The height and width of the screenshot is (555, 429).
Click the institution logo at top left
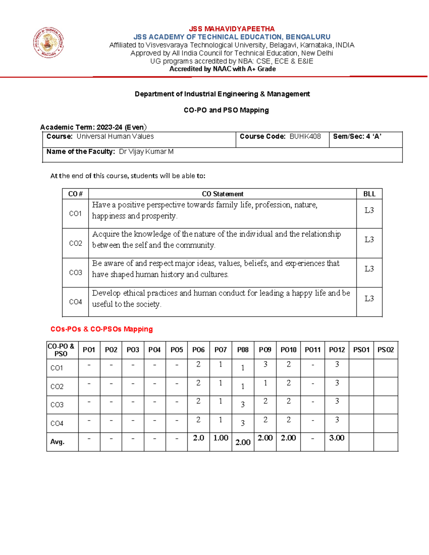pos(49,43)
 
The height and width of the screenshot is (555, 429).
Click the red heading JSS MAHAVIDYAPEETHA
pos(232,29)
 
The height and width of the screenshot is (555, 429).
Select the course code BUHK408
pos(305,137)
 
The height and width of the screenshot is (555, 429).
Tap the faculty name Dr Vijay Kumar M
pos(146,152)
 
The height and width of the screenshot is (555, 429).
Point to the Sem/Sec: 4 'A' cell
pos(357,137)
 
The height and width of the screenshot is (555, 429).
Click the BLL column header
pos(369,194)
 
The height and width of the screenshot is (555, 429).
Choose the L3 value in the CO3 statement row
pos(369,269)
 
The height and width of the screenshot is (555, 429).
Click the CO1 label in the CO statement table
pos(75,214)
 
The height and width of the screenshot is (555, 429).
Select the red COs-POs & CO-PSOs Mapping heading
pos(102,329)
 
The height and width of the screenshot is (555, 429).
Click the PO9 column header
pos(265,350)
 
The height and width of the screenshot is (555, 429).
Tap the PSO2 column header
pos(385,350)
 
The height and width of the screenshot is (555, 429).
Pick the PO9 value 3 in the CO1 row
pos(265,365)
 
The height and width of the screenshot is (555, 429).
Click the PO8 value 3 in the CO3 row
pos(243,405)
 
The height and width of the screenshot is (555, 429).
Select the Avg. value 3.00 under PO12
pos(337,438)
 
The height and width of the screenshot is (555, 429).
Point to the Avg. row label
pos(57,442)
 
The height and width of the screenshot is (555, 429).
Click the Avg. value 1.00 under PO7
pos(221,438)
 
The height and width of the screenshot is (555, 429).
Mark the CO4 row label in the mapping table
pos(57,423)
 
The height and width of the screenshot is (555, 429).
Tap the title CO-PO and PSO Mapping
pos(226,110)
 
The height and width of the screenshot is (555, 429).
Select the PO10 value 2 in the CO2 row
pos(289,383)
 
